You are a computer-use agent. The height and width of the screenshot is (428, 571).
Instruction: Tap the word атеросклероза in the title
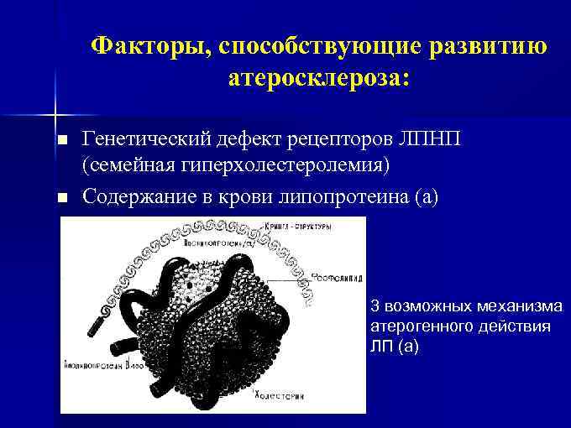coord(314,79)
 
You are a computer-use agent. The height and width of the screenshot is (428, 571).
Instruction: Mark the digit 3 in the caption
coord(375,307)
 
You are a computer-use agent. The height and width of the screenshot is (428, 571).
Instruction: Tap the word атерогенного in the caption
coord(416,326)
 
